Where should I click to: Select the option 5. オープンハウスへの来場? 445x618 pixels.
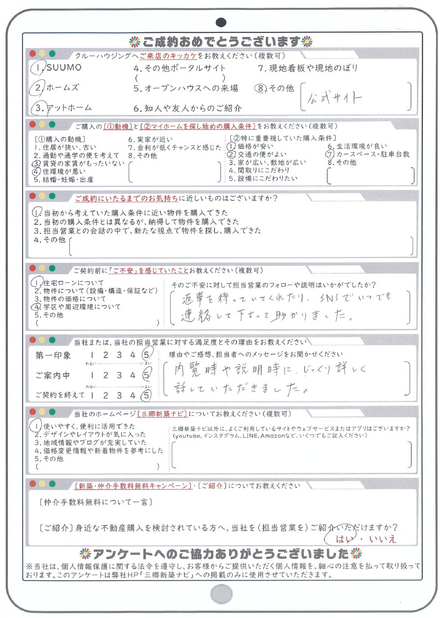[186, 88]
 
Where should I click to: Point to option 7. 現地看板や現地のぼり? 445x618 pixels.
[308, 68]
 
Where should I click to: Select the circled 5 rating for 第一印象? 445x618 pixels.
[146, 355]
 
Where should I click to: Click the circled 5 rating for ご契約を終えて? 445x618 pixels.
[146, 394]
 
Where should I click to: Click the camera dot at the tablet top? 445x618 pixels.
[221, 22]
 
